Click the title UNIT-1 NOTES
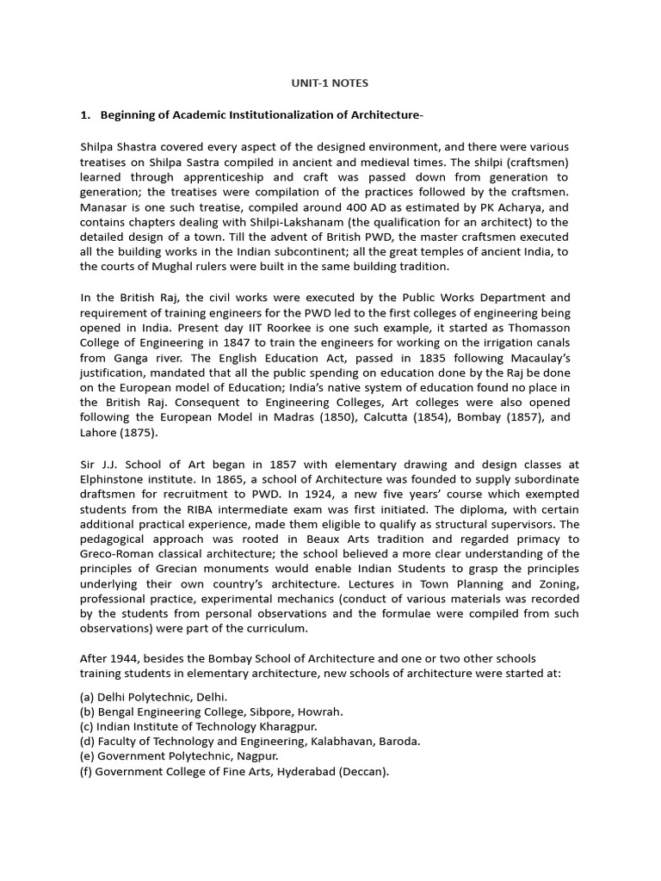point(330,83)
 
